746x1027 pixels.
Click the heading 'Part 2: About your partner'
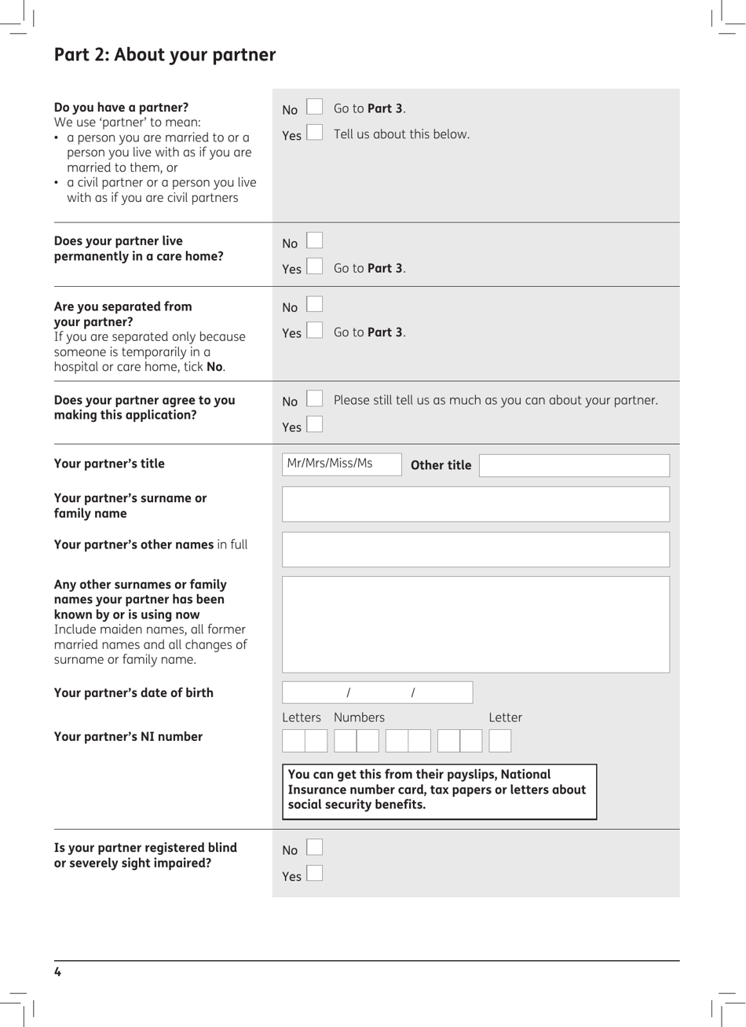[165, 55]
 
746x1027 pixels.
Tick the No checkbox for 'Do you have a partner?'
[314, 107]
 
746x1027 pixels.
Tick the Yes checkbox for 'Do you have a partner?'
[314, 132]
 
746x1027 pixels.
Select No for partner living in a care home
[314, 240]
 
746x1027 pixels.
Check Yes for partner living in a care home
[314, 266]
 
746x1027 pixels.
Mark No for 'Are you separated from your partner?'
[314, 304]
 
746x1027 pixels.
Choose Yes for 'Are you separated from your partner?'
[314, 330]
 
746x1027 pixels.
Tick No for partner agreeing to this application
[314, 399]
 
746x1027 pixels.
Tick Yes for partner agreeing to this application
[314, 424]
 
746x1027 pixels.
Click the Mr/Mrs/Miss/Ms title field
[342, 464]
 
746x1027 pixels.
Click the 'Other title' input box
[574, 465]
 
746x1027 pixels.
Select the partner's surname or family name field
[475, 504]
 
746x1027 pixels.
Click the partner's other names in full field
[475, 549]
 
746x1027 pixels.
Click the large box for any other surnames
[475, 624]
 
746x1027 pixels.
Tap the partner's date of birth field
[377, 692]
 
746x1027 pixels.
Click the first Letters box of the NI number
[294, 741]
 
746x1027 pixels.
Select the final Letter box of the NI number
[499, 741]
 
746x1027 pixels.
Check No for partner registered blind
[314, 847]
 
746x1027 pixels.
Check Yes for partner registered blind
[314, 873]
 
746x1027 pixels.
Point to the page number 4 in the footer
[57, 972]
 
